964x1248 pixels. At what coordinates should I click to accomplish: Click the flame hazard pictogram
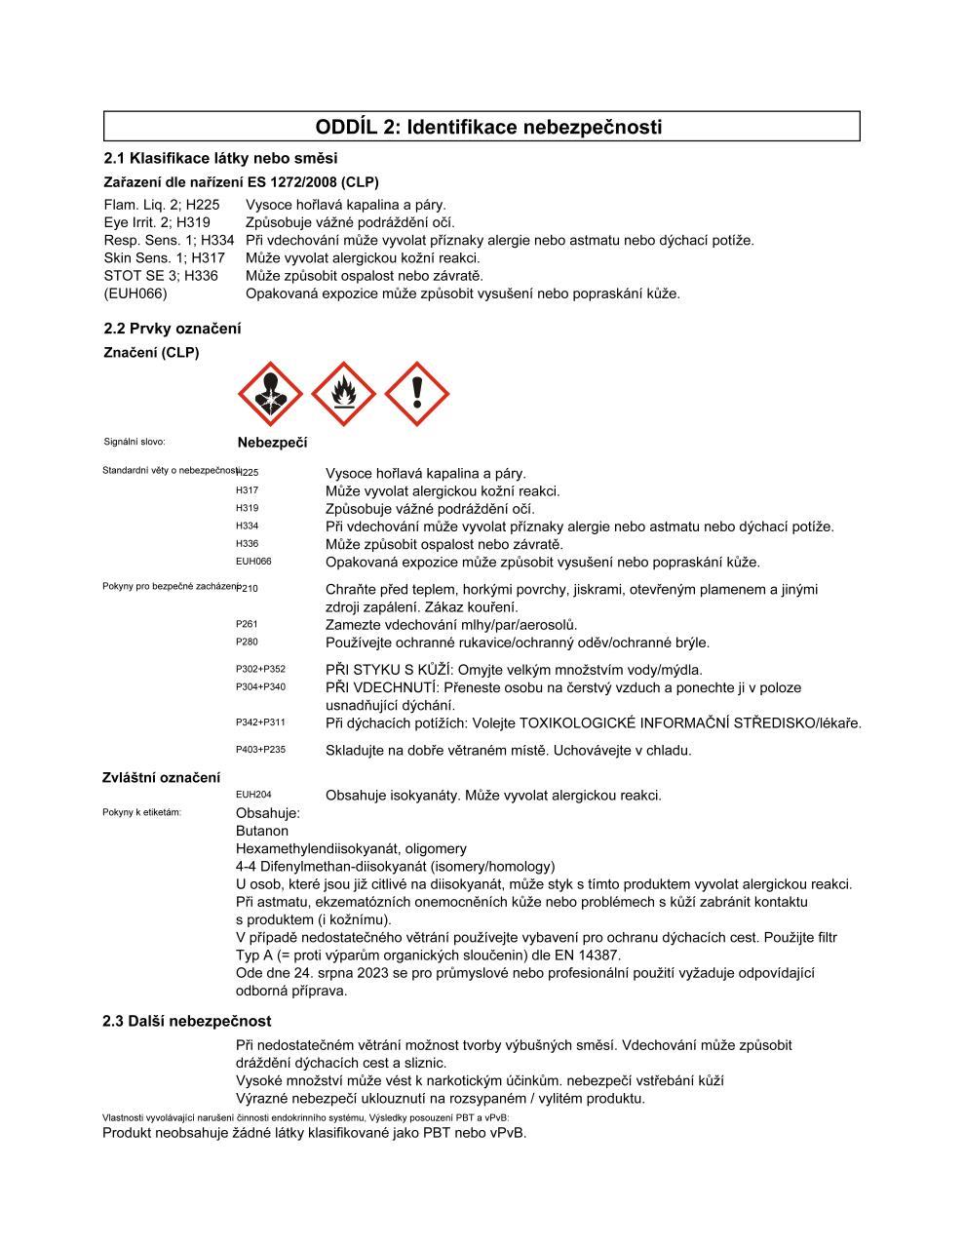pyautogui.click(x=343, y=394)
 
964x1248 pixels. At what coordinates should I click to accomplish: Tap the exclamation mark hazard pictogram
pyautogui.click(x=417, y=394)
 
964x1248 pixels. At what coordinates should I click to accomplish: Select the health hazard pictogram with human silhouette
pyautogui.click(x=270, y=394)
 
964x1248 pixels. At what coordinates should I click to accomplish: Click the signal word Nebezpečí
pyautogui.click(x=272, y=443)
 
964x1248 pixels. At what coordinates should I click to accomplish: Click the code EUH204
pyautogui.click(x=253, y=795)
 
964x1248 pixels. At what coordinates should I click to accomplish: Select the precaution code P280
pyautogui.click(x=247, y=642)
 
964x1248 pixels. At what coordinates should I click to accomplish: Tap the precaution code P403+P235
pyautogui.click(x=260, y=750)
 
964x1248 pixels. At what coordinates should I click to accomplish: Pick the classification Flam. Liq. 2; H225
pyautogui.click(x=162, y=205)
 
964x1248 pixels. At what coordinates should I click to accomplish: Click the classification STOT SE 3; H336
pyautogui.click(x=161, y=276)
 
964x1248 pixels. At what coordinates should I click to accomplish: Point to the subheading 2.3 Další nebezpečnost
pyautogui.click(x=187, y=1021)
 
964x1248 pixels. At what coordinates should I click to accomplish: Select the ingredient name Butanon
pyautogui.click(x=262, y=831)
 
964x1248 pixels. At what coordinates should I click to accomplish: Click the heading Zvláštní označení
pyautogui.click(x=161, y=777)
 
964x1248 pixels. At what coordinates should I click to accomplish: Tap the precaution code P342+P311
pyautogui.click(x=260, y=722)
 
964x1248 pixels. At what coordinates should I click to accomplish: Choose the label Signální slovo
pyautogui.click(x=135, y=442)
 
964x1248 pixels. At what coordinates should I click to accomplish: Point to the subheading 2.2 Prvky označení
pyautogui.click(x=173, y=329)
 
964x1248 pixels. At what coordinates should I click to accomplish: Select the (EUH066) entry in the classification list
pyautogui.click(x=135, y=293)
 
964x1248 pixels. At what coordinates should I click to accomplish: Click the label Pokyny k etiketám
pyautogui.click(x=141, y=812)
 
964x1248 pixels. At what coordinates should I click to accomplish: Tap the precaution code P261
pyautogui.click(x=247, y=624)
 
